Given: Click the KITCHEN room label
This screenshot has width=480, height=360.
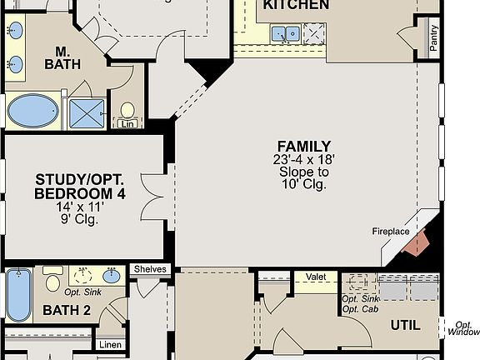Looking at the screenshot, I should pyautogui.click(x=295, y=5).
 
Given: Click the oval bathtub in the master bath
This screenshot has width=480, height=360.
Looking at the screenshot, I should pyautogui.click(x=33, y=110).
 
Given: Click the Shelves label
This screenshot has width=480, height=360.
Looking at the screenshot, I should pyautogui.click(x=151, y=269).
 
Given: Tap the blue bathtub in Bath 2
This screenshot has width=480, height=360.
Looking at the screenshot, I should pyautogui.click(x=17, y=297).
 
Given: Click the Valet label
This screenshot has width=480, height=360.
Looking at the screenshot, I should pyautogui.click(x=316, y=277).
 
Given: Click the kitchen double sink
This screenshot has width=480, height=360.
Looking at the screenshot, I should pyautogui.click(x=287, y=34).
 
